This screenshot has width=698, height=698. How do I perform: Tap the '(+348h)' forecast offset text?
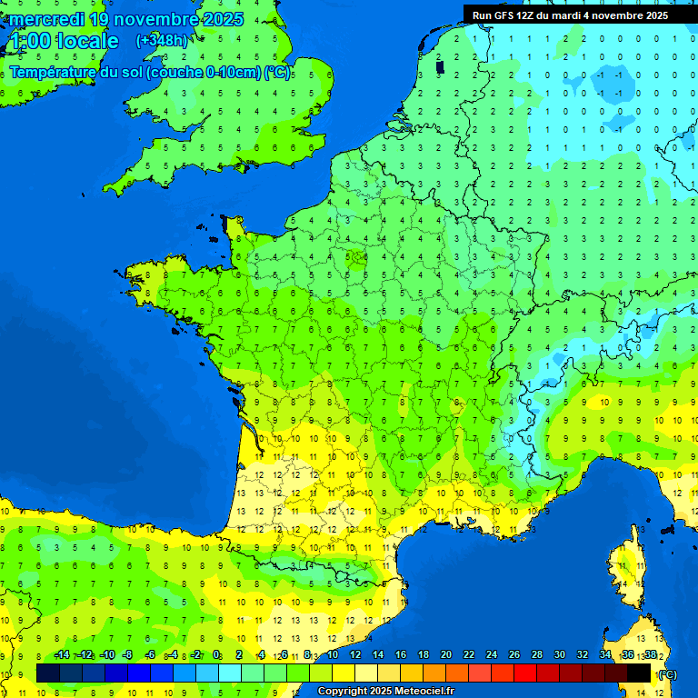click(161, 41)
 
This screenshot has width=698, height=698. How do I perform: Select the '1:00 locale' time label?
click(63, 41)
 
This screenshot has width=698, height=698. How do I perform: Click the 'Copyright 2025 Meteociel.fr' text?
click(385, 691)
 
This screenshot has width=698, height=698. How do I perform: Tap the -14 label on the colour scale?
click(62, 655)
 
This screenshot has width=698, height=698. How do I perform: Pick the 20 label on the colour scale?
click(445, 655)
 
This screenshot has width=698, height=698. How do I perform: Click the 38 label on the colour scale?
click(650, 655)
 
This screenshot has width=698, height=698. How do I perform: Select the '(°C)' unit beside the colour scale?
click(667, 673)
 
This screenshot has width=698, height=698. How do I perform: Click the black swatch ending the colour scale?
click(639, 673)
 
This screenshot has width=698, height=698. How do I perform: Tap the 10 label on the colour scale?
click(332, 655)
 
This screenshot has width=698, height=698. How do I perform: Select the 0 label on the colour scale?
click(216, 655)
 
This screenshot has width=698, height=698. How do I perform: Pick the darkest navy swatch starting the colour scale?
click(48, 673)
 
